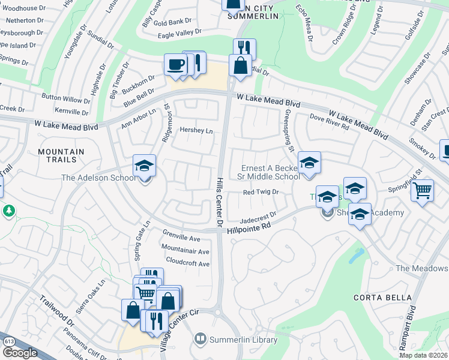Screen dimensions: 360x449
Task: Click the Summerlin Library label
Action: point(243,340)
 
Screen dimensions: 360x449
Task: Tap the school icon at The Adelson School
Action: point(144,166)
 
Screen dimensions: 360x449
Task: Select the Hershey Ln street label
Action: point(197,131)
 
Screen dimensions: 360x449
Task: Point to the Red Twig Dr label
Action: point(261,192)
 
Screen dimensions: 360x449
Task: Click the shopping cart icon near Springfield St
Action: point(423,191)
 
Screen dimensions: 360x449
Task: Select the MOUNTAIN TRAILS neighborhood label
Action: point(65,156)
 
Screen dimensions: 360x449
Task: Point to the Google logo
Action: point(19,353)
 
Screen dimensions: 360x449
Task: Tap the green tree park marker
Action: point(9,211)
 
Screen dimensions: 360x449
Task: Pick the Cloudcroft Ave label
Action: point(187,263)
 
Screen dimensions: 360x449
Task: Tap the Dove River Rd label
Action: point(329,121)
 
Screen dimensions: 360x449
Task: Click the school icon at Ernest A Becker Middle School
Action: point(309,163)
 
